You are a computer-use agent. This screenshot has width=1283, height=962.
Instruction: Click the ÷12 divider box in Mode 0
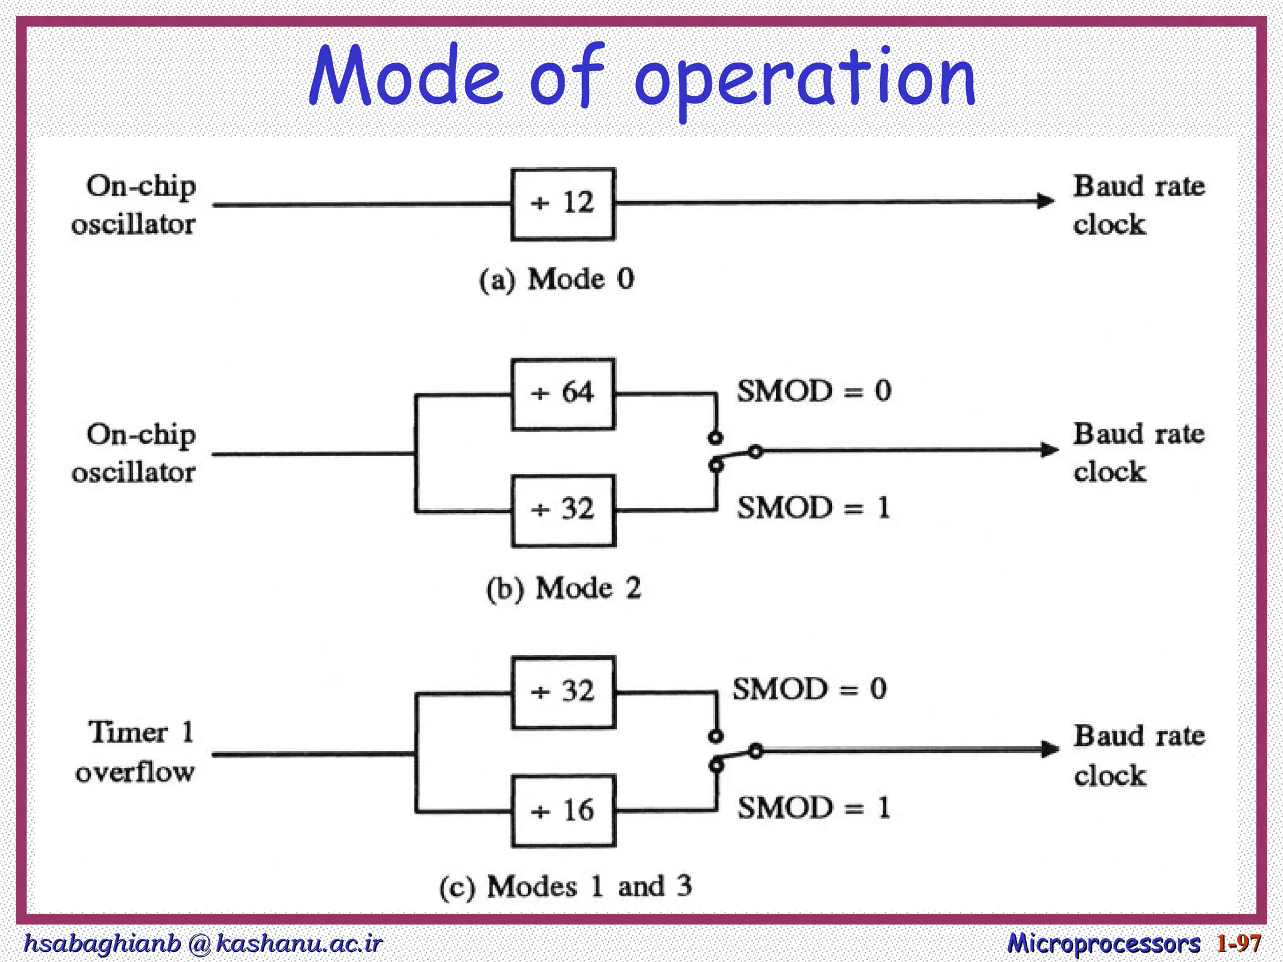point(563,204)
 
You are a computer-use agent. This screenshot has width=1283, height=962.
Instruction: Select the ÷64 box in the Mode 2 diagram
point(563,394)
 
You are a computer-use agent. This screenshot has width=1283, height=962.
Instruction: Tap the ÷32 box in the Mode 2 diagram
point(563,510)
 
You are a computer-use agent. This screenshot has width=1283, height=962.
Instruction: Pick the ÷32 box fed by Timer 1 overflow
point(563,692)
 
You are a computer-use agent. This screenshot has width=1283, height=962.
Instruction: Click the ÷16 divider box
point(563,811)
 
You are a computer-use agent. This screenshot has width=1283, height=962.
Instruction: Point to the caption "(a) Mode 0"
point(556,279)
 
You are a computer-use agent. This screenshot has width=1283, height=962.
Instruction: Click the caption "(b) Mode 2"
point(564,589)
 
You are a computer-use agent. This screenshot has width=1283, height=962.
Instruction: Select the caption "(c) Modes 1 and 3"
point(566,887)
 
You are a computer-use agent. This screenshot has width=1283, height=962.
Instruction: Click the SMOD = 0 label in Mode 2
point(814,391)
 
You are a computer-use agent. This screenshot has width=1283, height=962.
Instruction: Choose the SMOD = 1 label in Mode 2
point(814,507)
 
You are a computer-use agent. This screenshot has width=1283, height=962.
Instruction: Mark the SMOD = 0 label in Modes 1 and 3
point(810,689)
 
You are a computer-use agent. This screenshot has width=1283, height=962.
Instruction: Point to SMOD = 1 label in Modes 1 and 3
point(814,807)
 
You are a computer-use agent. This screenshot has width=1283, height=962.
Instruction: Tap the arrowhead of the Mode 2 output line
point(1049,450)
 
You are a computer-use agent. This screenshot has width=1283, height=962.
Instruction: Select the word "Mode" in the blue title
point(406,76)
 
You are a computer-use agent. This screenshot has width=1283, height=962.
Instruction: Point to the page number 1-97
point(1239,943)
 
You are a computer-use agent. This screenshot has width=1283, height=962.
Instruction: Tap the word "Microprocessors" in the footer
point(1104,943)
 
